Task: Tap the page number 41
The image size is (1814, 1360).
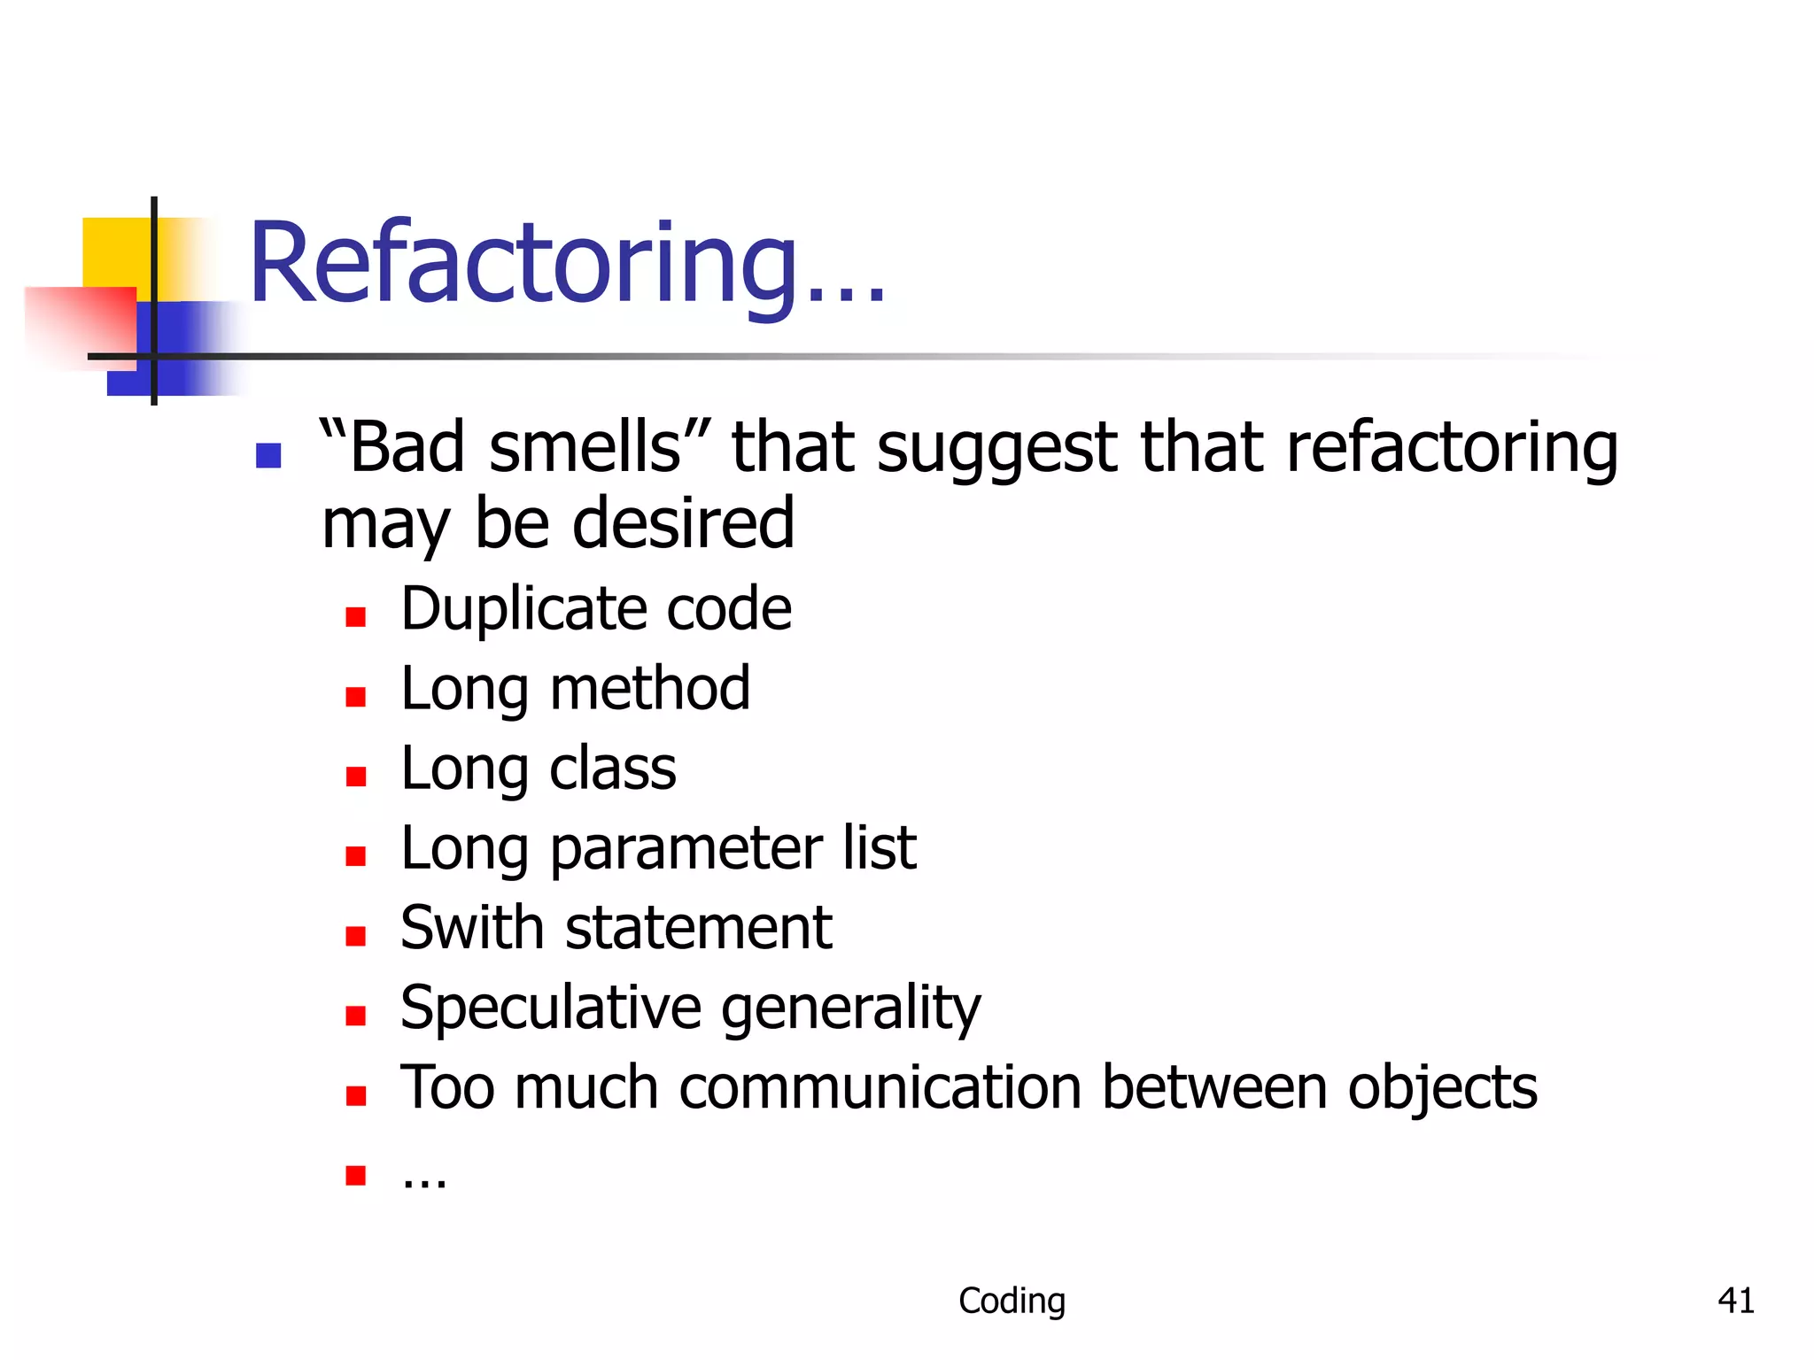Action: pos(1735,1301)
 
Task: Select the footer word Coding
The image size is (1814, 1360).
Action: pos(1012,1301)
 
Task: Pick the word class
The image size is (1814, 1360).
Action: pos(612,769)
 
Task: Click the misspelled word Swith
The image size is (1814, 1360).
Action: pos(471,928)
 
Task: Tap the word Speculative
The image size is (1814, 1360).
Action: pos(550,1008)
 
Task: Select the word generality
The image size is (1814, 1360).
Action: pos(851,1008)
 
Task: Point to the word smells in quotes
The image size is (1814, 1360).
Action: pos(585,447)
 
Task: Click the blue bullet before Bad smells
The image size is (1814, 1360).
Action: pos(268,455)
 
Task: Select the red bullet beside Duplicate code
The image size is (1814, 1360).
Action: pos(356,617)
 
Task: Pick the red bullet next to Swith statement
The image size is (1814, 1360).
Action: pos(356,936)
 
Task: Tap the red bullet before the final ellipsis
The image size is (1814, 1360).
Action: pos(356,1175)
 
